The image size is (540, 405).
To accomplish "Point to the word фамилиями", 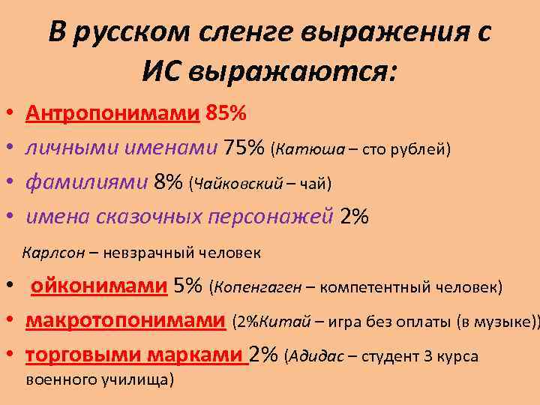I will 86,182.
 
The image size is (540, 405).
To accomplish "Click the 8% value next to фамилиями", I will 168,182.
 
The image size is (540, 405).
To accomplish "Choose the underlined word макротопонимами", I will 125,320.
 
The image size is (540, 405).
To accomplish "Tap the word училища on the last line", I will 141,379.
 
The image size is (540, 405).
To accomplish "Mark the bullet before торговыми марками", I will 9,356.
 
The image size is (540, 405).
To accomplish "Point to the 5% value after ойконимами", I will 187,286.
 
